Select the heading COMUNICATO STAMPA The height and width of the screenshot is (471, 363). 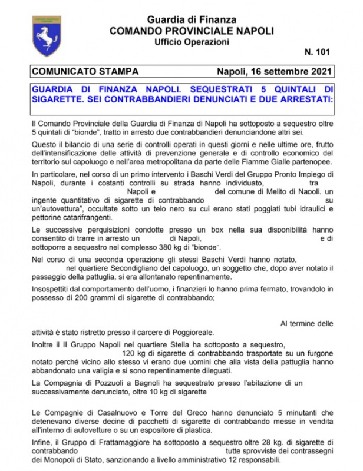(x=85, y=72)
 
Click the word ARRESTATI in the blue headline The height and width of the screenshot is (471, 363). (x=302, y=99)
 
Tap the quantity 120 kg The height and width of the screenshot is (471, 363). (x=133, y=353)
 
